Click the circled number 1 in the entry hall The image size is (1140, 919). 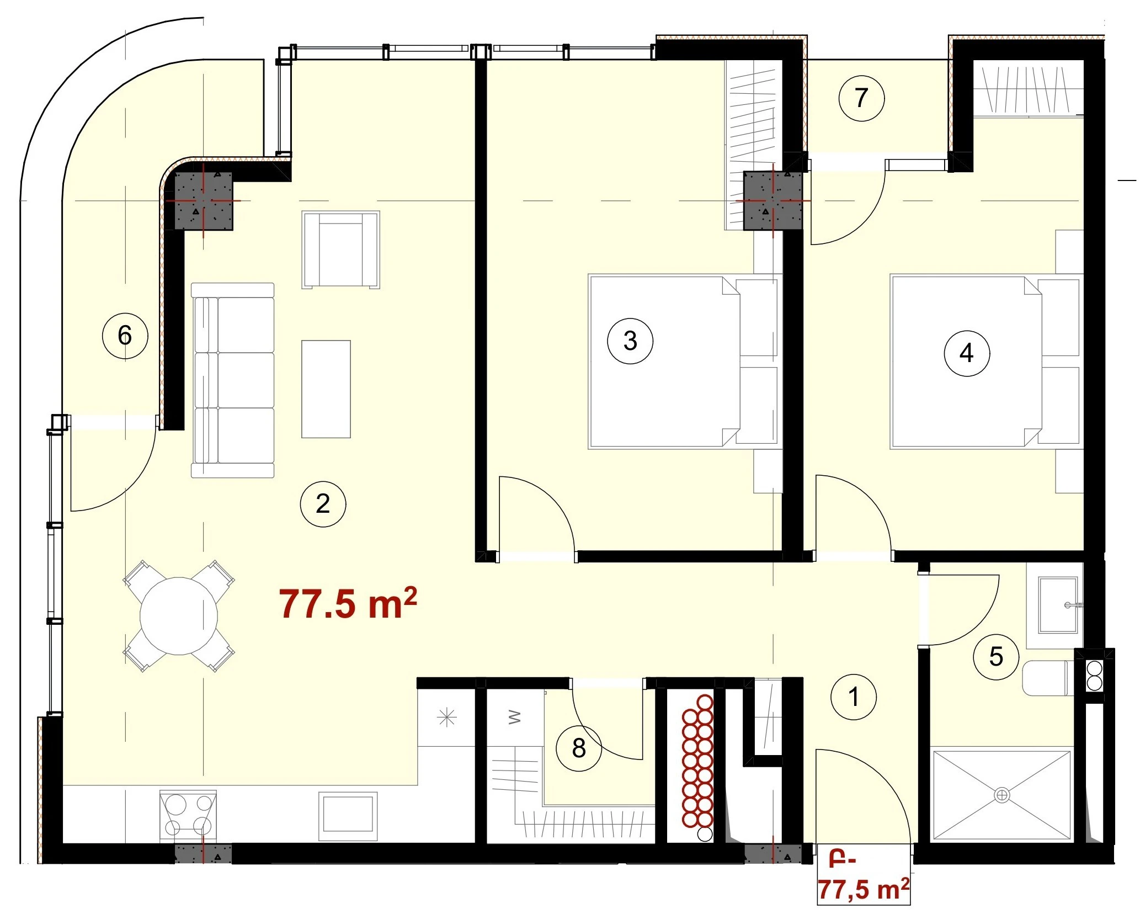(854, 697)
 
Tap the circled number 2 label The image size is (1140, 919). (323, 503)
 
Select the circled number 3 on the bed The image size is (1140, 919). (630, 341)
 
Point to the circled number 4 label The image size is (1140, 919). (967, 353)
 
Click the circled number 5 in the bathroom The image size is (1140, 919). (996, 656)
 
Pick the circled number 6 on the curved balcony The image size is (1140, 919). (125, 335)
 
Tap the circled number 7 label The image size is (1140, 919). (861, 98)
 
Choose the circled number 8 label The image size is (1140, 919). (579, 748)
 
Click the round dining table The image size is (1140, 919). (179, 616)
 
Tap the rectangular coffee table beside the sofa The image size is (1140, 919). (326, 389)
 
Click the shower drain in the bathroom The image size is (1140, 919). (1002, 795)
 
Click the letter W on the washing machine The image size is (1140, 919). (514, 718)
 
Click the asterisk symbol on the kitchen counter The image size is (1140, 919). (446, 718)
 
